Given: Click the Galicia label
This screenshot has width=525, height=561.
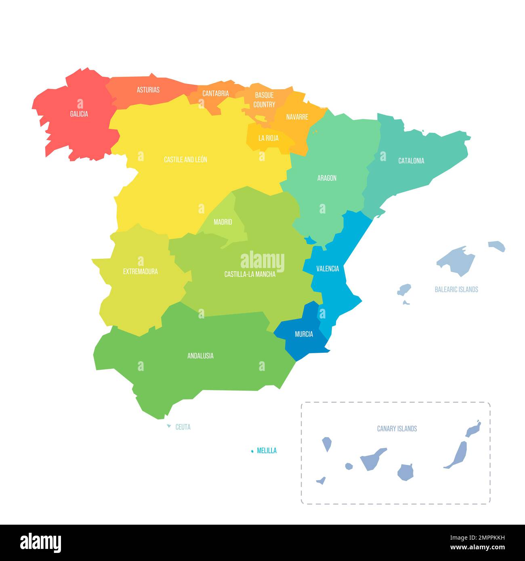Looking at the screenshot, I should click(x=79, y=114).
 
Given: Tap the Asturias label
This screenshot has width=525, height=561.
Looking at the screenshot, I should click(x=148, y=90).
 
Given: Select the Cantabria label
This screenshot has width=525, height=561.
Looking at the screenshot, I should click(x=216, y=94).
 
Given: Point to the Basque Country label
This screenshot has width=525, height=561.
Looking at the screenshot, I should click(x=264, y=100).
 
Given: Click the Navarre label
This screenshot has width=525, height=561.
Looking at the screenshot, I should click(x=297, y=117).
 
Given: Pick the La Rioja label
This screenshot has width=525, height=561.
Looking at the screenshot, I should click(x=269, y=138).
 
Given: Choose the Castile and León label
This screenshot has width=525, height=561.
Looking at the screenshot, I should click(x=185, y=160).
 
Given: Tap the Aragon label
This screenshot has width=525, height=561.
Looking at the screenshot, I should click(x=327, y=178).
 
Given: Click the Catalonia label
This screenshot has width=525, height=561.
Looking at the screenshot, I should click(x=411, y=161).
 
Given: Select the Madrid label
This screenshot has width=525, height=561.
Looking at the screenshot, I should click(x=223, y=222).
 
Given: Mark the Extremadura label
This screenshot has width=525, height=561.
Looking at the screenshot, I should click(x=141, y=272).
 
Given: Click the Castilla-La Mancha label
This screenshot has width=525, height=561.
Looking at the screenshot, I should click(x=250, y=274).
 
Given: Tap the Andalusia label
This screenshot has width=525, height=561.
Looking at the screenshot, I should click(x=200, y=356).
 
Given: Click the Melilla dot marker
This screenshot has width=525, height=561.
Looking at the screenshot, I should click(x=252, y=451).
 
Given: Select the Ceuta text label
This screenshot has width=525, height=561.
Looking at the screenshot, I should click(x=183, y=427).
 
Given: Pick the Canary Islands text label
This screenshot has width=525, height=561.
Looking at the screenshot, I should click(x=397, y=429).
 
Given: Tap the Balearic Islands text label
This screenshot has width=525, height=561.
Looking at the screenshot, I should click(x=456, y=289).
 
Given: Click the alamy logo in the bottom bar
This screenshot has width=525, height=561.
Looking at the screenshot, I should click(x=41, y=542).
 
